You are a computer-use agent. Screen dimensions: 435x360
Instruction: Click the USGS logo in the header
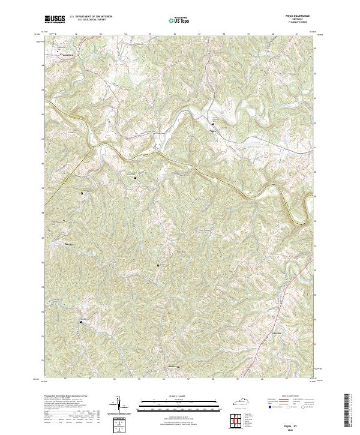55,19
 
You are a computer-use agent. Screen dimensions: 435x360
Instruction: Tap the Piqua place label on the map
212,127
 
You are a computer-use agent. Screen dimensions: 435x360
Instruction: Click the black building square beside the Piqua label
212,124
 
